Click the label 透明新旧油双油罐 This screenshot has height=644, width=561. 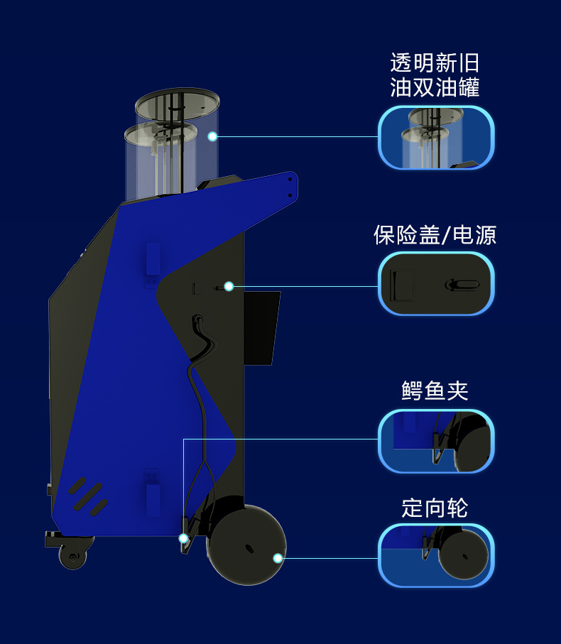(435, 75)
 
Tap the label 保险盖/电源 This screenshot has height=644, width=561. (435, 235)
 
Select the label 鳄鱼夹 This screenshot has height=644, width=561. (435, 390)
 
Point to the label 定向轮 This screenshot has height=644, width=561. (435, 508)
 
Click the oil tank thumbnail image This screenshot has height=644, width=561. (435, 138)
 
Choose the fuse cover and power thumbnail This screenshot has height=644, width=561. (435, 283)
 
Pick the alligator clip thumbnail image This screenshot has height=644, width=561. (435, 441)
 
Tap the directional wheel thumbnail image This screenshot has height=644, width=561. (435, 555)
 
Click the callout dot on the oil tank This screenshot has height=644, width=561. (212, 136)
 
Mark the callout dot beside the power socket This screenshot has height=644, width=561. (229, 286)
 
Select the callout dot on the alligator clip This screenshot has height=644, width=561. (183, 538)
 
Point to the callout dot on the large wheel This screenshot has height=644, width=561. (278, 558)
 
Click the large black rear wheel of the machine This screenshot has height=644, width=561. (246, 545)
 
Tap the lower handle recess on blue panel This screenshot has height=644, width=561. (151, 490)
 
